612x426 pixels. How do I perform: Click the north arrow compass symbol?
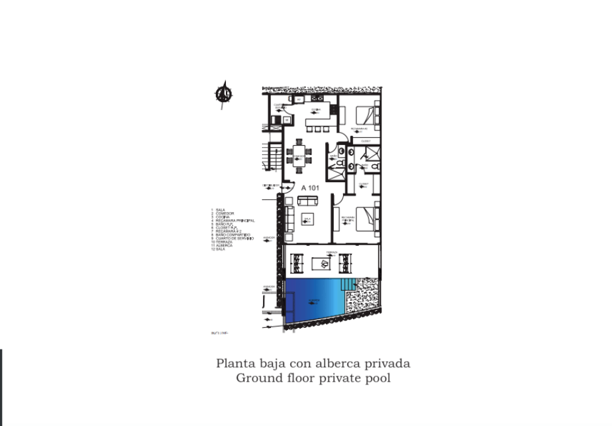tap(224, 94)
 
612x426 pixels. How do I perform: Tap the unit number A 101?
tap(310, 187)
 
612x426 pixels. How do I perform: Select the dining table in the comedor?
tap(299, 156)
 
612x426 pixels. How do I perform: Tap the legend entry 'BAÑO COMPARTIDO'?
tap(232, 235)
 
